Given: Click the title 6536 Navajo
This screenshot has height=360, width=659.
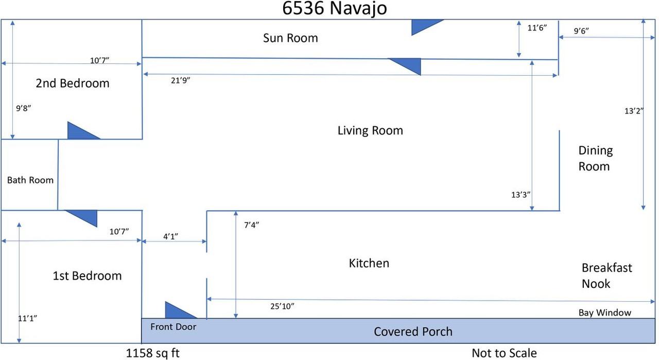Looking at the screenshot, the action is (x=335, y=9).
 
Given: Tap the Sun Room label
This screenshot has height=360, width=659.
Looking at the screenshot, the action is (x=290, y=38).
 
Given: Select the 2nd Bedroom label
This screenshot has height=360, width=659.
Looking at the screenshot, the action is (x=73, y=83).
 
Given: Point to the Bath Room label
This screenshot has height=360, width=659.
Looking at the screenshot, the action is (x=30, y=180).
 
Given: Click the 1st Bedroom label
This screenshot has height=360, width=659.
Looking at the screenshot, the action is (x=87, y=276).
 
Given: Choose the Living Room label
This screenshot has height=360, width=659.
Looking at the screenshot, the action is (x=370, y=130).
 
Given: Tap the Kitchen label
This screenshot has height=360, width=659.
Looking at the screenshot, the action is (x=369, y=263).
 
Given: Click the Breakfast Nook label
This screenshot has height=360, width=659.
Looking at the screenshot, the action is (x=606, y=276).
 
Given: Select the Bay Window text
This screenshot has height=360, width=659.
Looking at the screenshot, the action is (x=605, y=312).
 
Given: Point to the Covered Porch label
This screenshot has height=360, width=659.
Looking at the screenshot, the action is (x=413, y=332).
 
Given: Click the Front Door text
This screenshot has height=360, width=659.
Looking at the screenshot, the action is (x=174, y=327).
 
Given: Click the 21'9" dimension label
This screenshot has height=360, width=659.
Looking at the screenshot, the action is (x=181, y=80).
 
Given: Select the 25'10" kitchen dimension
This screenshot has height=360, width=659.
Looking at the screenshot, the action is (x=282, y=306).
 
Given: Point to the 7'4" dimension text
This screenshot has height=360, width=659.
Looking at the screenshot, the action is (x=252, y=225).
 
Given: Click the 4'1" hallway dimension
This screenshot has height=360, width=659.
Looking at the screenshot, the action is (x=170, y=236).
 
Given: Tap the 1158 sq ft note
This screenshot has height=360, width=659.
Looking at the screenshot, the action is (x=153, y=353).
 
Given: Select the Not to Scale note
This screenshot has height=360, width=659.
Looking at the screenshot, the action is (x=504, y=353).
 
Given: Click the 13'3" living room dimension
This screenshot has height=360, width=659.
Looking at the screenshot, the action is (x=521, y=195).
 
